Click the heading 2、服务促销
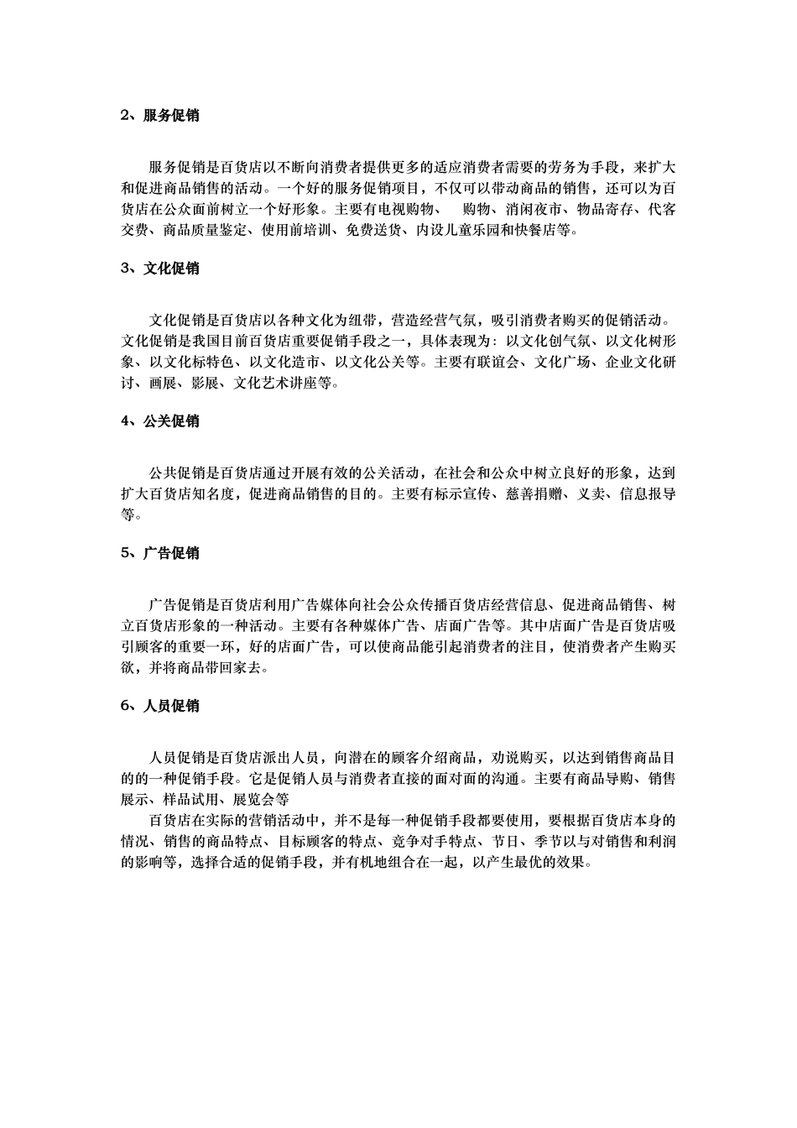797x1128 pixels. pos(160,116)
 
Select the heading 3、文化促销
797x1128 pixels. pos(160,269)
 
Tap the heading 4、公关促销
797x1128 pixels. pos(160,421)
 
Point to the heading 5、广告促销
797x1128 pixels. pos(160,553)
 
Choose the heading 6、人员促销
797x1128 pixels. pos(160,706)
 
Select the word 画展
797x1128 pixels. pos(164,383)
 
